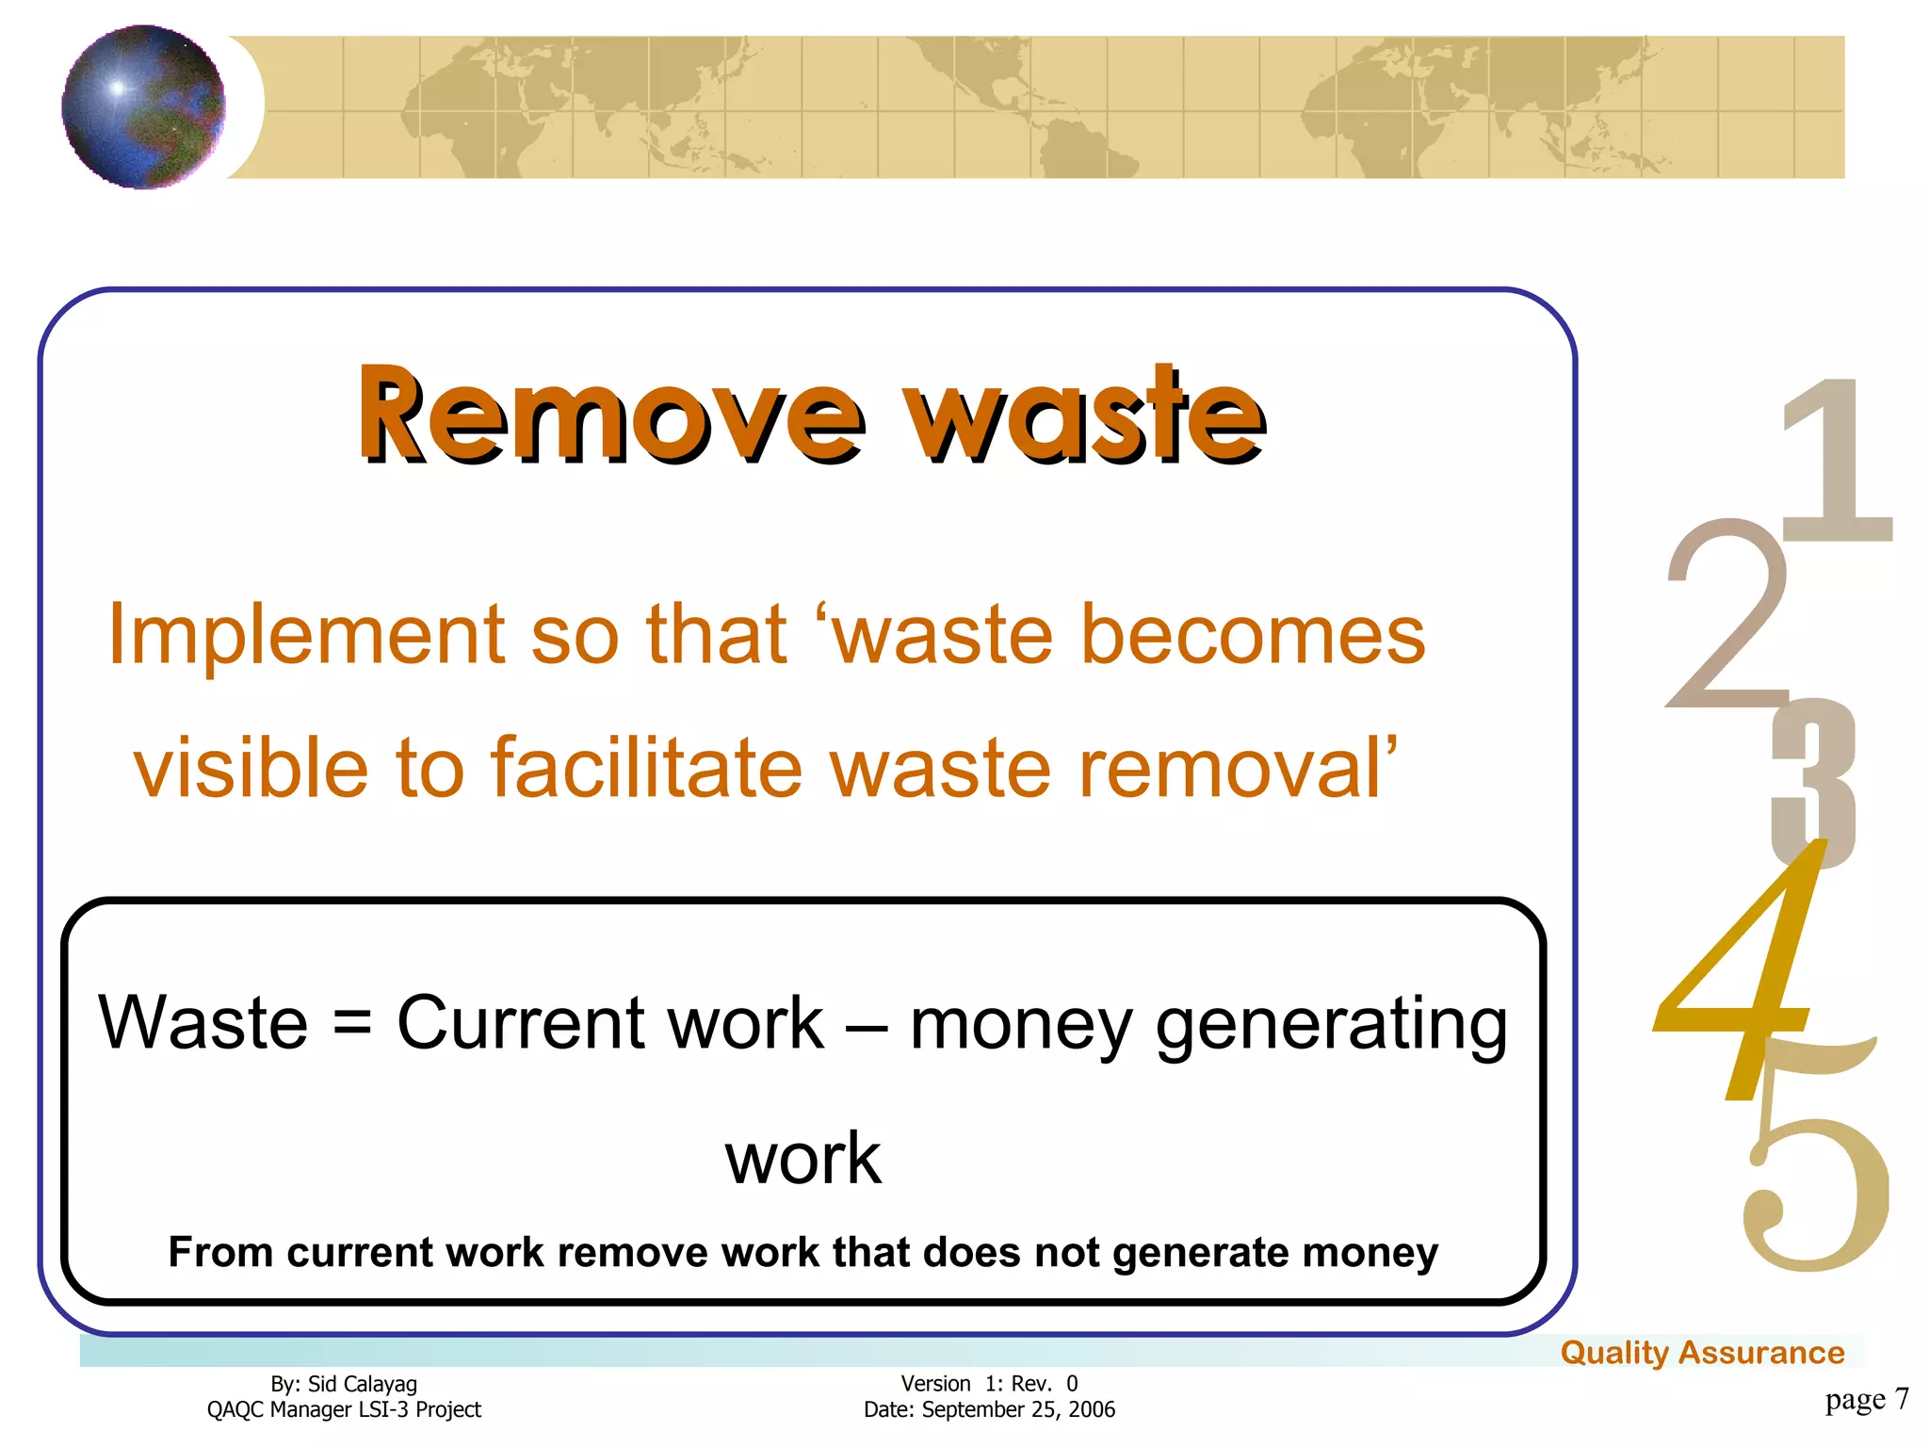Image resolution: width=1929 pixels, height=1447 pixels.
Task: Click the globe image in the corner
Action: pos(143,106)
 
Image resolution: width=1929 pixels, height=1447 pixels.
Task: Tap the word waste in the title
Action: pos(1083,415)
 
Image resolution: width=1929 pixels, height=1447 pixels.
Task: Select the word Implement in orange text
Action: pos(306,636)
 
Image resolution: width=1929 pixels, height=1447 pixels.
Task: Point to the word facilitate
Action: pos(648,768)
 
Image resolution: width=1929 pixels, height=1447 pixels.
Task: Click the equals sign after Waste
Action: pos(353,1023)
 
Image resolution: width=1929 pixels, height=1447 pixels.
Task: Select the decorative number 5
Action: pos(1813,1187)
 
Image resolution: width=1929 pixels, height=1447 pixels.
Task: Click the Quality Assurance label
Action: pos(1702,1353)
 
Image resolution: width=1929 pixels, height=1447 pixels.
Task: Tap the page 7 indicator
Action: pos(1866,1399)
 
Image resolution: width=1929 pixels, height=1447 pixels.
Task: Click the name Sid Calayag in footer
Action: pos(363,1384)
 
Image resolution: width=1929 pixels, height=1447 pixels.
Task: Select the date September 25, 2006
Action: pos(1018,1410)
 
